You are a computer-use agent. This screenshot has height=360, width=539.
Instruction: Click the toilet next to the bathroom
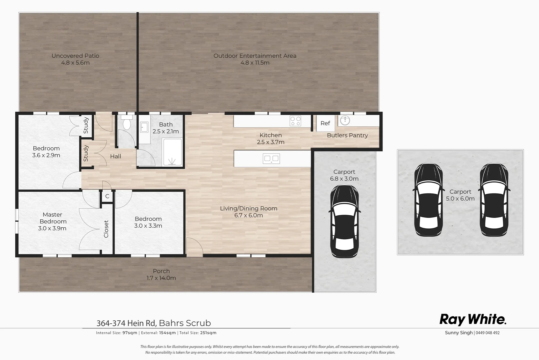tap(127, 124)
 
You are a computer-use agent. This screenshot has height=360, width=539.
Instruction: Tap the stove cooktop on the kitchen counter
tap(295, 121)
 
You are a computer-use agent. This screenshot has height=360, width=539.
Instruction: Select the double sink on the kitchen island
tap(271, 159)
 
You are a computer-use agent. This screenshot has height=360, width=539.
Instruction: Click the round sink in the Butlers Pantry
tap(345, 120)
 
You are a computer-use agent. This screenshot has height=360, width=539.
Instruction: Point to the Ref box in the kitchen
tap(325, 123)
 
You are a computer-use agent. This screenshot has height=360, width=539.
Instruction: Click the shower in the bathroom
tap(172, 153)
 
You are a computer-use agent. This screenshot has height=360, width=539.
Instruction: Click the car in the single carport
tap(344, 221)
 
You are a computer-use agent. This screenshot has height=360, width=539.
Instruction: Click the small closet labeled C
tap(107, 196)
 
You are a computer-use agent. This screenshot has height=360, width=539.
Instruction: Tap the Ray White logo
tap(473, 319)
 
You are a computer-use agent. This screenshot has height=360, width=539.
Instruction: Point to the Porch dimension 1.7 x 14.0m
tap(161, 278)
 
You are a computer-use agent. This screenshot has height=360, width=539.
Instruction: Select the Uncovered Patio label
tap(75, 56)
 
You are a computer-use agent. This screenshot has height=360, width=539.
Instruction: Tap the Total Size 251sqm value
tap(208, 333)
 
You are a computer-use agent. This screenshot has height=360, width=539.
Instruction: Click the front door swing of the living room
tap(195, 247)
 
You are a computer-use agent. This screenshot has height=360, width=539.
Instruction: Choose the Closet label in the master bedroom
tap(106, 229)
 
